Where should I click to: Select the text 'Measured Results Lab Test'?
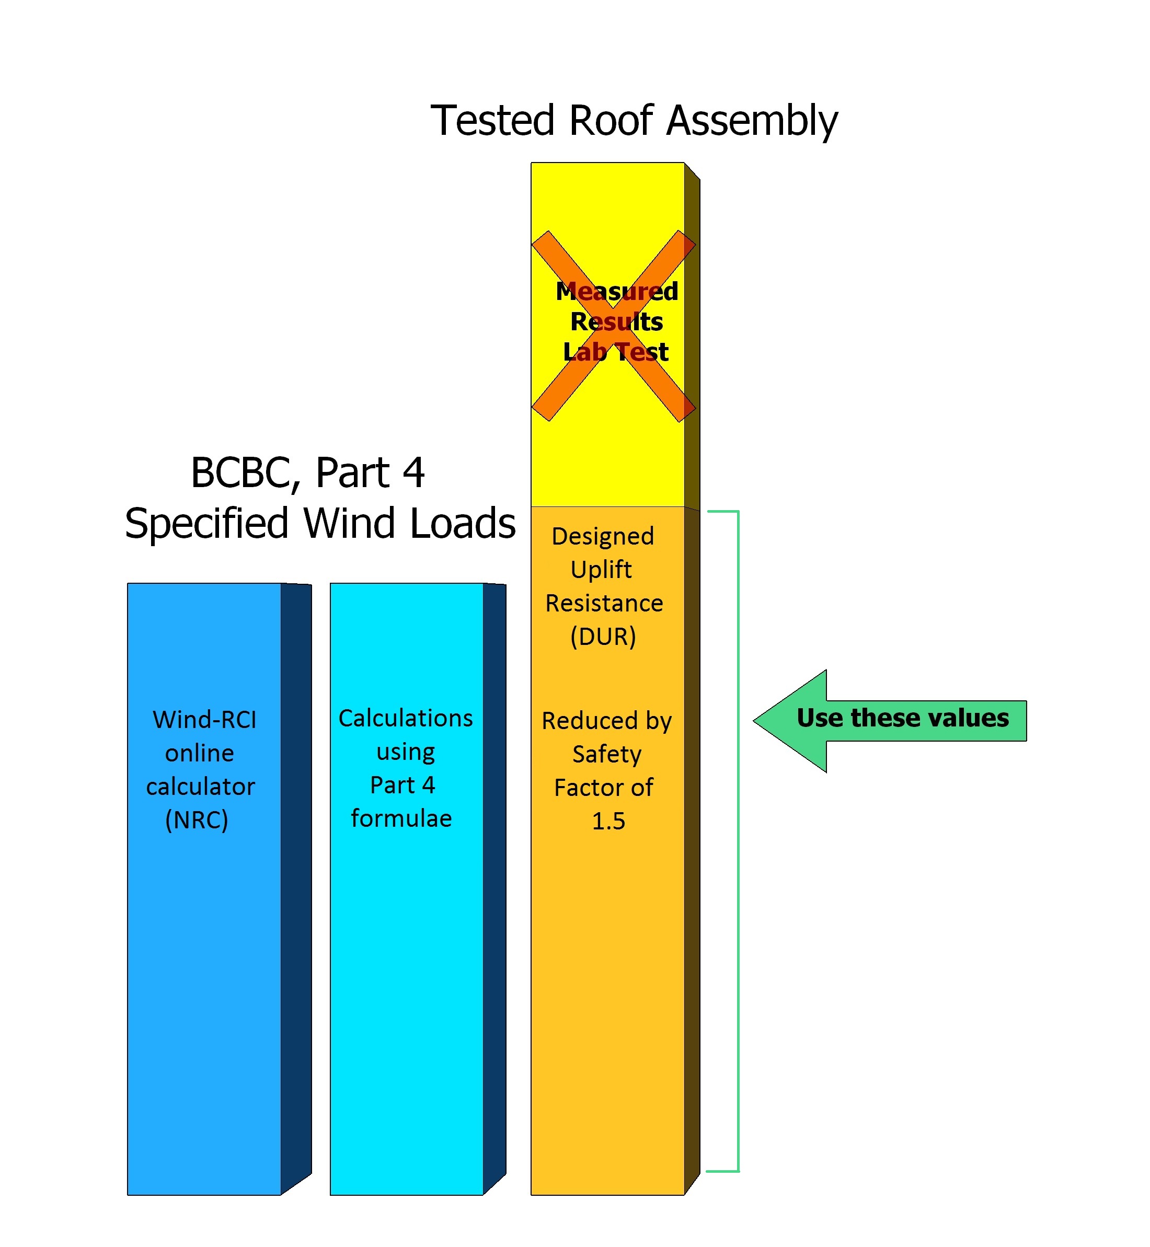tap(616, 322)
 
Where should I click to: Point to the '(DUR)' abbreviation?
tap(603, 637)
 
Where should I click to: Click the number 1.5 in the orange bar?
tap(608, 821)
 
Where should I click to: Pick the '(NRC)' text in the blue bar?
tap(197, 820)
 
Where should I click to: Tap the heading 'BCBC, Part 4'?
tap(307, 472)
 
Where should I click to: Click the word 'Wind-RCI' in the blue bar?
tap(204, 720)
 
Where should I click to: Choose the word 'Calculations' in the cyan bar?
tap(405, 718)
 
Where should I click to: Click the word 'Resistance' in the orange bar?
tap(604, 603)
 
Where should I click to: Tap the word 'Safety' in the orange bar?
tap(607, 754)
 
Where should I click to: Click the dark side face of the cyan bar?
tap(494, 884)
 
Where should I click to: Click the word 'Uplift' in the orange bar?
tap(601, 569)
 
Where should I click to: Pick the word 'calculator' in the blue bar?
tap(200, 787)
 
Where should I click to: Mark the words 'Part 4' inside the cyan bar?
tap(402, 784)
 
